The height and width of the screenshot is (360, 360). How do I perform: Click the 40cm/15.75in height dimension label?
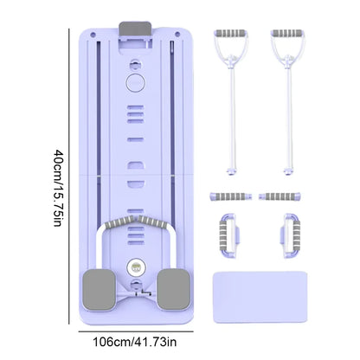(x=58, y=188)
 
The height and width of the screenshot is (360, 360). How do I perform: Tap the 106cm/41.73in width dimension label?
(x=134, y=342)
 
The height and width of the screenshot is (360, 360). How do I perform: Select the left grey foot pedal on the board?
(x=100, y=290)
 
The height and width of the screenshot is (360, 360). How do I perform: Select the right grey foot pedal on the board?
(x=174, y=290)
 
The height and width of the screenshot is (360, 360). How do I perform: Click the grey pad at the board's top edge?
(x=135, y=29)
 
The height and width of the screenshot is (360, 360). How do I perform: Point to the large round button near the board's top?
(x=136, y=83)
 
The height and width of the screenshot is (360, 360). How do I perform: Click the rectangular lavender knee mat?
(x=260, y=297)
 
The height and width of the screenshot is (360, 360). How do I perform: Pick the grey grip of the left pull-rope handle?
(x=231, y=33)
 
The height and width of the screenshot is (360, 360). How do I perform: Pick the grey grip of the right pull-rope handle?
(x=287, y=33)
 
